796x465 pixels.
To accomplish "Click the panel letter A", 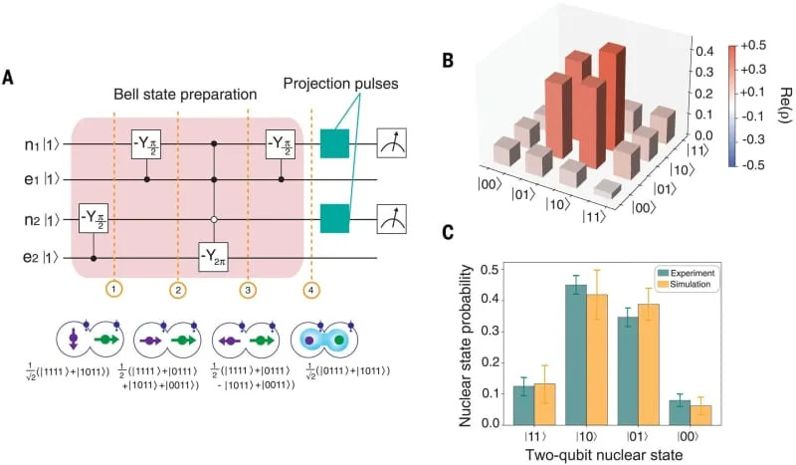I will pyautogui.click(x=8, y=77).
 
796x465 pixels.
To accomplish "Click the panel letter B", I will pyautogui.click(x=449, y=61).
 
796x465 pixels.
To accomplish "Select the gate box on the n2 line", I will pyautogui.click(x=96, y=215).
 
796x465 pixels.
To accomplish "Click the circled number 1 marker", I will pyautogui.click(x=114, y=290).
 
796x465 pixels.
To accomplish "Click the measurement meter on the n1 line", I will pyautogui.click(x=391, y=143).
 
